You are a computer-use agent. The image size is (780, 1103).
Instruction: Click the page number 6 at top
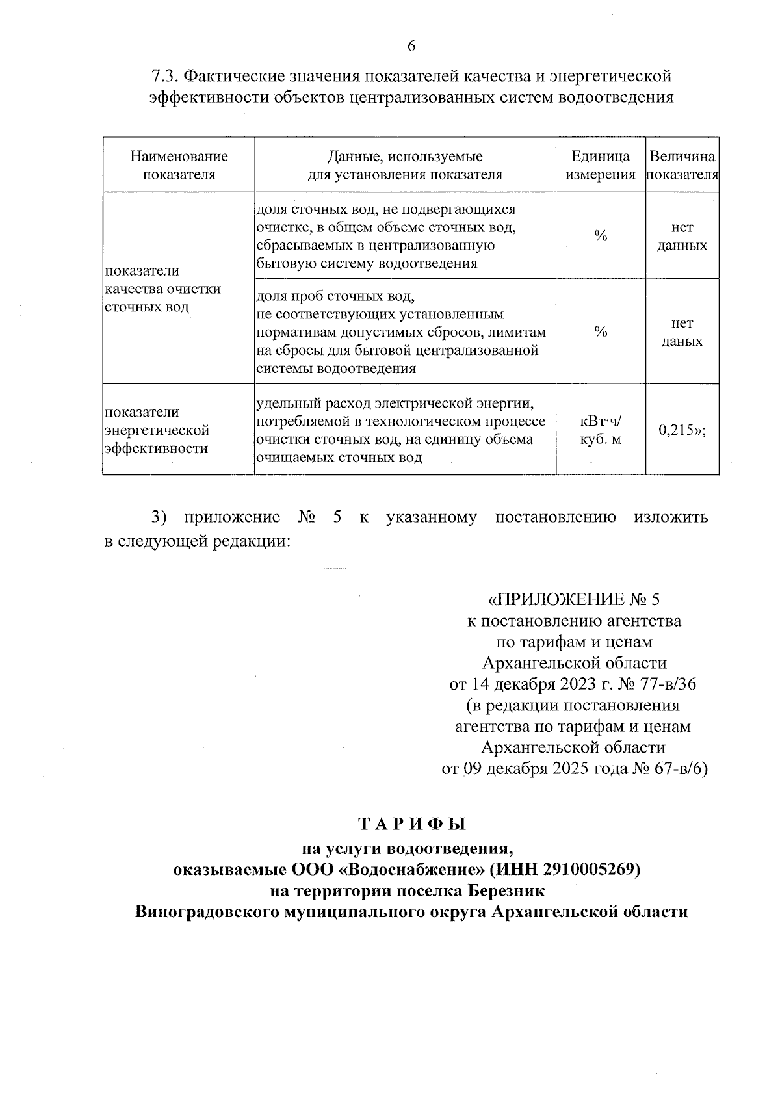[411, 46]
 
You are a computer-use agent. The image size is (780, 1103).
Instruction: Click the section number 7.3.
[165, 77]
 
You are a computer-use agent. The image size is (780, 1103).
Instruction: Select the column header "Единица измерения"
[601, 165]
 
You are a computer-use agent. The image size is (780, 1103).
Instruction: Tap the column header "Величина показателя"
[682, 165]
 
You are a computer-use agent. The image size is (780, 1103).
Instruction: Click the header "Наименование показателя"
[179, 165]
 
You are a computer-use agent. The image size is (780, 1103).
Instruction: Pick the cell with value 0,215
[682, 430]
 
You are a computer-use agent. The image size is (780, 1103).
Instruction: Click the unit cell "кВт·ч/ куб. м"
[601, 430]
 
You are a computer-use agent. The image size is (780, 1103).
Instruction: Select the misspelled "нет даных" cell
[682, 332]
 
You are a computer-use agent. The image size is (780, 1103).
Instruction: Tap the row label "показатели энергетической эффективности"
[157, 430]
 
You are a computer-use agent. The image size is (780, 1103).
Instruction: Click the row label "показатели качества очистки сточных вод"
[162, 289]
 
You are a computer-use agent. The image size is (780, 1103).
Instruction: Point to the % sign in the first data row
[601, 237]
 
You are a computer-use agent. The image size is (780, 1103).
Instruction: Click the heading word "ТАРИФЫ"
[413, 825]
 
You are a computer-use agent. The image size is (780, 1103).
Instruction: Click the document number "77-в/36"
[669, 684]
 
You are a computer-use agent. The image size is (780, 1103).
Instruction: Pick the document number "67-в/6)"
[678, 769]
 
